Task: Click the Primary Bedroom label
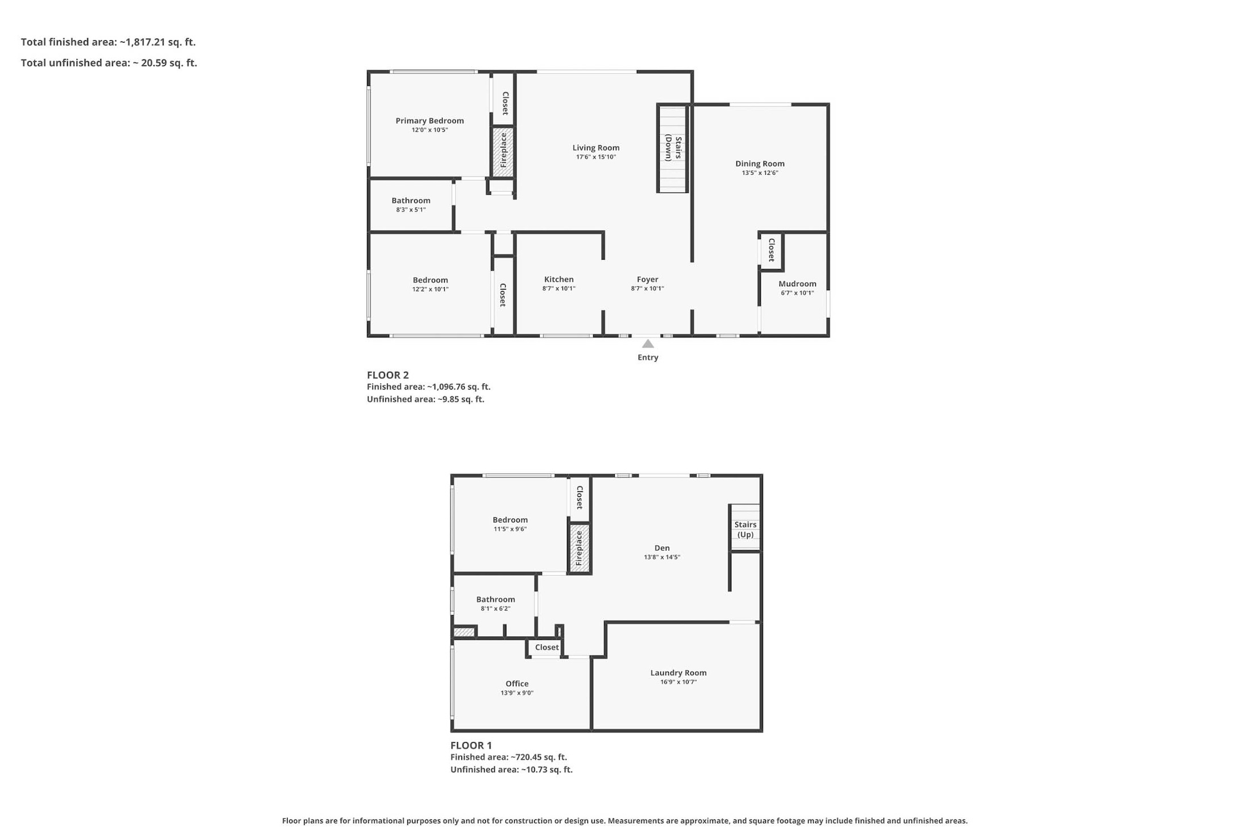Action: click(x=430, y=120)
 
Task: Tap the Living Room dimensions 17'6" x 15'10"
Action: click(x=595, y=157)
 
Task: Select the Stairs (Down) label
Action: click(x=673, y=148)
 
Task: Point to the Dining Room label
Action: click(x=760, y=164)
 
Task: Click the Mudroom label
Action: click(x=797, y=284)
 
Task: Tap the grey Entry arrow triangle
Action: click(x=648, y=344)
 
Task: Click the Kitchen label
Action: click(x=559, y=279)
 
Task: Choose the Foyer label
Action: click(x=647, y=279)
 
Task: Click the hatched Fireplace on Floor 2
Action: click(x=503, y=152)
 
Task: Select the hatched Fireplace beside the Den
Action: click(x=579, y=548)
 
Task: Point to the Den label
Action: click(x=662, y=548)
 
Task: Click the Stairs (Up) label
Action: click(x=745, y=529)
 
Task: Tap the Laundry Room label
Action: click(x=678, y=673)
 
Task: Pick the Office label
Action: click(x=517, y=684)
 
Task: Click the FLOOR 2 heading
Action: click(x=388, y=375)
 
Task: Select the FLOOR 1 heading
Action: click(x=471, y=745)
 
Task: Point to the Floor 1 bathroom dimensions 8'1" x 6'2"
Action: click(x=495, y=609)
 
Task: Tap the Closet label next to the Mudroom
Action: click(x=772, y=250)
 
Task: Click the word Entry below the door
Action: click(x=648, y=357)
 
